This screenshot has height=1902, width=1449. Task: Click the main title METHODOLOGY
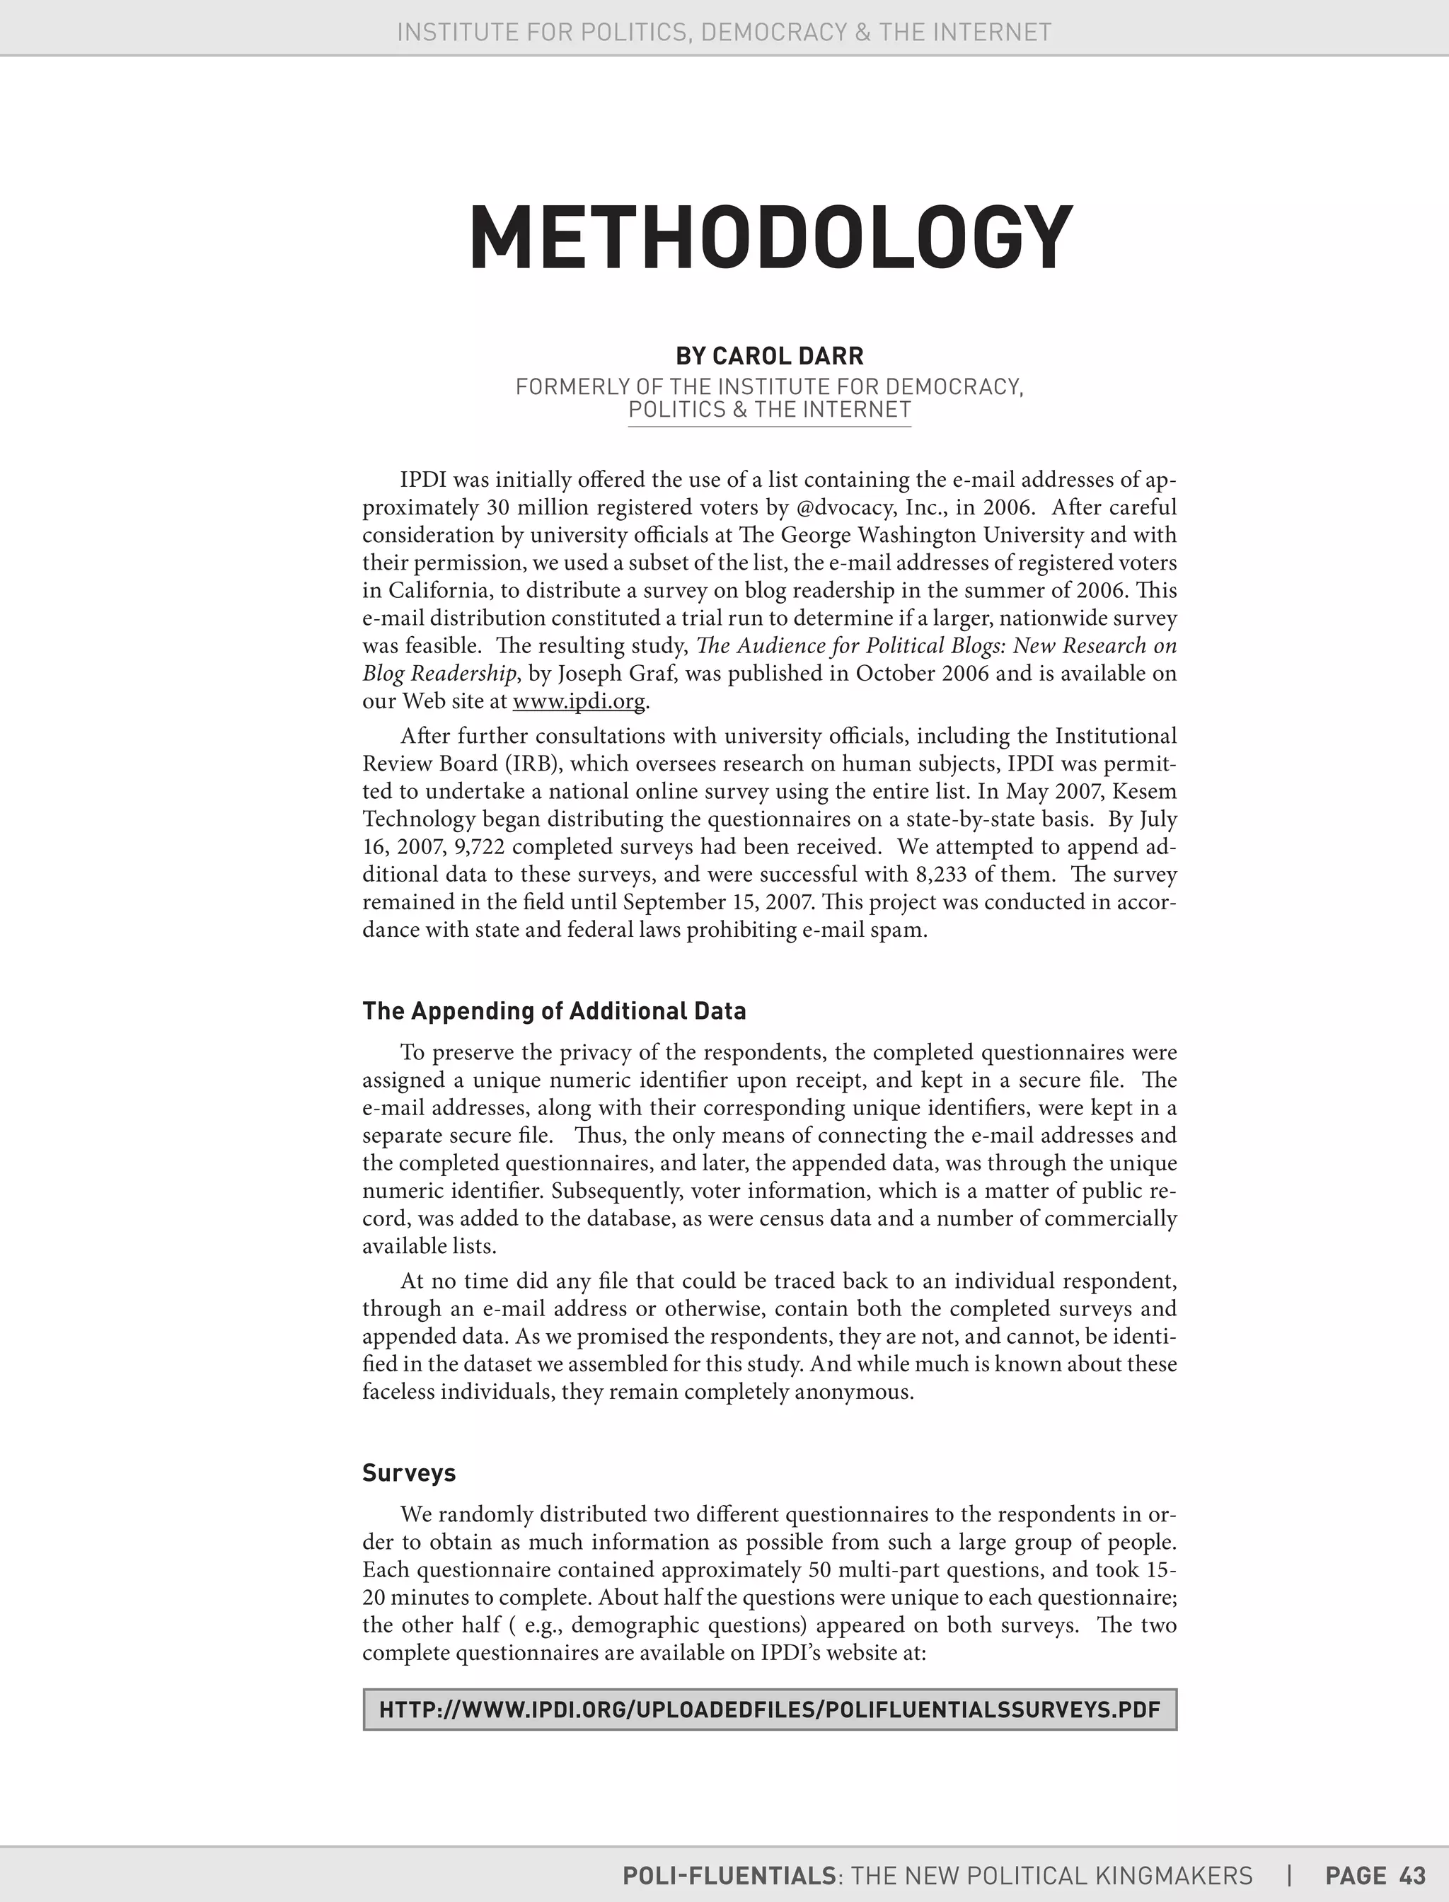[770, 238]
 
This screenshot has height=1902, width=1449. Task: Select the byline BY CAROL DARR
[769, 355]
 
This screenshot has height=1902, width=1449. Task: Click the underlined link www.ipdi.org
[579, 701]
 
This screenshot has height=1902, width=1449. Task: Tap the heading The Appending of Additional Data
[554, 1011]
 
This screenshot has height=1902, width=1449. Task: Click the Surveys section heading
[409, 1472]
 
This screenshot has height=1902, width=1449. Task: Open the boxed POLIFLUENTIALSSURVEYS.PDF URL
[769, 1710]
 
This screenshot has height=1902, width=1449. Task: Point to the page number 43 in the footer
[1413, 1875]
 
